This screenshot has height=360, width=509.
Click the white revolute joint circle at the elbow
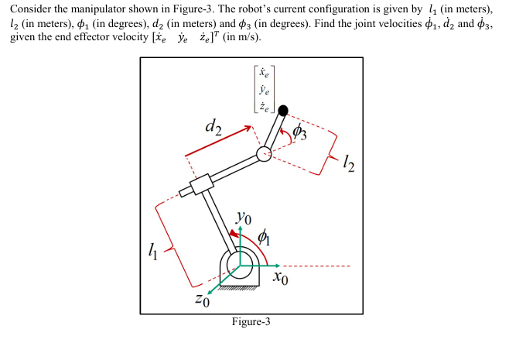264,153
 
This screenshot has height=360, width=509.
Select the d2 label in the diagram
214,125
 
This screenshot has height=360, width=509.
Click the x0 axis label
281,276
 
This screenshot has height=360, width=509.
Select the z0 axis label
203,299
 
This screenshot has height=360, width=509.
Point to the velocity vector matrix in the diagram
264,91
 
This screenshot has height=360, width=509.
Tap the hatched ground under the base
240,287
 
